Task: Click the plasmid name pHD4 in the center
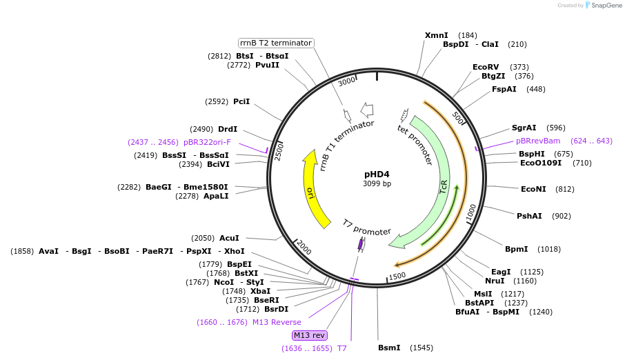[x=377, y=174]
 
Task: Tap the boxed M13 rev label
[x=309, y=335]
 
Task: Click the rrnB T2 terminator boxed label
[x=276, y=43]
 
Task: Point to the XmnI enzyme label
[x=436, y=35]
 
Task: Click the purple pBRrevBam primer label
[x=538, y=141]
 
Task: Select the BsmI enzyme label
[x=389, y=348]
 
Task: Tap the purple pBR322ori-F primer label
[x=207, y=142]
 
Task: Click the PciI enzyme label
[x=241, y=101]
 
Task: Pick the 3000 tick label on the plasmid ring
[x=346, y=81]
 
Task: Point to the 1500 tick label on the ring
[x=397, y=277]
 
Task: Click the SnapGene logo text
[x=607, y=6]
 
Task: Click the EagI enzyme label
[x=501, y=271]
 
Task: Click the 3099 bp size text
[x=377, y=184]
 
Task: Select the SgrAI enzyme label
[x=524, y=128]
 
